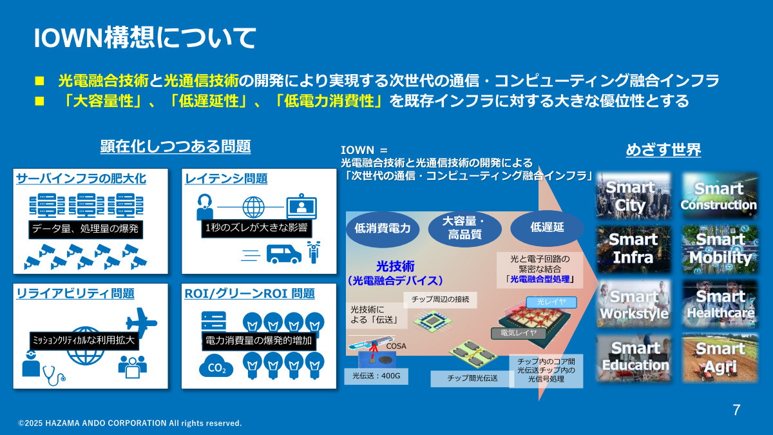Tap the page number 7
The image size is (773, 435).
click(736, 410)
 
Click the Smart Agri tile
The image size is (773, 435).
click(720, 358)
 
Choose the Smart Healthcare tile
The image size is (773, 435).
click(720, 304)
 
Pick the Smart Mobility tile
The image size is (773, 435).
click(720, 249)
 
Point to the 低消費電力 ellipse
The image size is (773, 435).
click(383, 228)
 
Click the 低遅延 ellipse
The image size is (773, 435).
click(547, 227)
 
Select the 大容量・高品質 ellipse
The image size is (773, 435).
click(464, 228)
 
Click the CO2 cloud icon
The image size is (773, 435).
click(216, 368)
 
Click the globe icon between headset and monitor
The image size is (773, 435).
click(253, 207)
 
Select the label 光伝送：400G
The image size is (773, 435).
click(376, 375)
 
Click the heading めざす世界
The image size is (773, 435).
click(663, 150)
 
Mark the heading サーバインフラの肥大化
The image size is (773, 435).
click(81, 178)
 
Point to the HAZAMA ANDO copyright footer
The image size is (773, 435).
click(130, 423)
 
